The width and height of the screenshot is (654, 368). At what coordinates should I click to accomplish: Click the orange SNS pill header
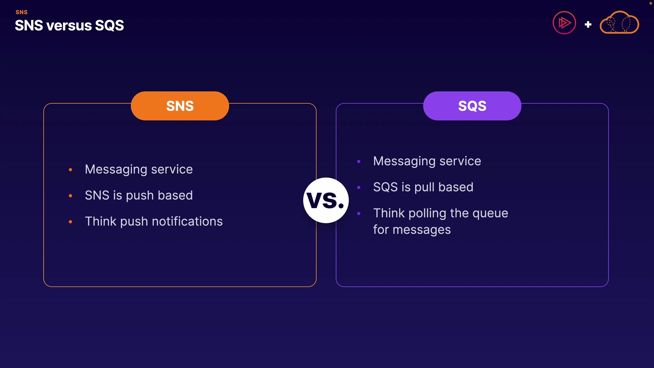click(180, 106)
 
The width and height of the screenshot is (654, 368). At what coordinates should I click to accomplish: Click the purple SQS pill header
click(472, 106)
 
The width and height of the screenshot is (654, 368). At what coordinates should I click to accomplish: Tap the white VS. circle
click(326, 200)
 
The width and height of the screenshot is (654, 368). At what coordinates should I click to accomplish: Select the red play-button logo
click(564, 23)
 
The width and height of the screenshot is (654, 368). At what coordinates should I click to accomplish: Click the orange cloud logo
click(619, 22)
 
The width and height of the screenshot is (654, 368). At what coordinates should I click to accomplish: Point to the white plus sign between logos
click(588, 25)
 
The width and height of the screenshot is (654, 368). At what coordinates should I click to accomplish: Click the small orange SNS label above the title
click(21, 12)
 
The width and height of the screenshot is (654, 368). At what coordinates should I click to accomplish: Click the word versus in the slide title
click(69, 26)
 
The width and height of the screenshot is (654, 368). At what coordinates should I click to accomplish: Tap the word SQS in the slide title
click(109, 26)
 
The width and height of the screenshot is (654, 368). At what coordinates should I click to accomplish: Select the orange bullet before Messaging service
click(71, 170)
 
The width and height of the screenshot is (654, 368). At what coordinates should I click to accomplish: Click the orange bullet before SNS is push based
click(71, 196)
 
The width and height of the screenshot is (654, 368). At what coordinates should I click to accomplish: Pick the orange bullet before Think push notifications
click(71, 222)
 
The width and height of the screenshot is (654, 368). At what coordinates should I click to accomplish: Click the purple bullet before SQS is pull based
click(359, 187)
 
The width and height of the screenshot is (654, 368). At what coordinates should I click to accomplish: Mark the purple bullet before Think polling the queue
click(359, 214)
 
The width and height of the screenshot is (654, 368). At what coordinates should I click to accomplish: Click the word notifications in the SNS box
click(187, 221)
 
